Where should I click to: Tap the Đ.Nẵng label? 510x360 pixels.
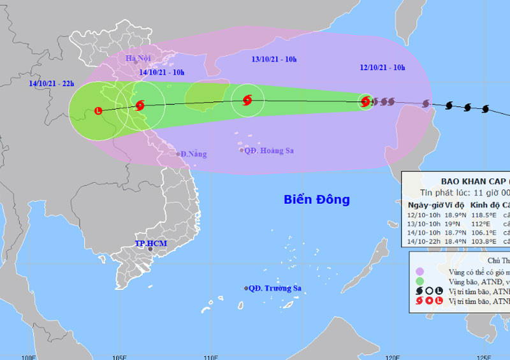pos(192,154)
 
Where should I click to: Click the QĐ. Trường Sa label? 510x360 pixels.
pos(275,288)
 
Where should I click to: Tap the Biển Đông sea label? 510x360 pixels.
pos(317,199)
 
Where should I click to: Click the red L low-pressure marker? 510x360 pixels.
pos(98,110)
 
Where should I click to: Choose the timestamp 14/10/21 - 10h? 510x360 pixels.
pos(162,71)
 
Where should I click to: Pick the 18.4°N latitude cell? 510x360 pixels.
pos(455,241)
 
